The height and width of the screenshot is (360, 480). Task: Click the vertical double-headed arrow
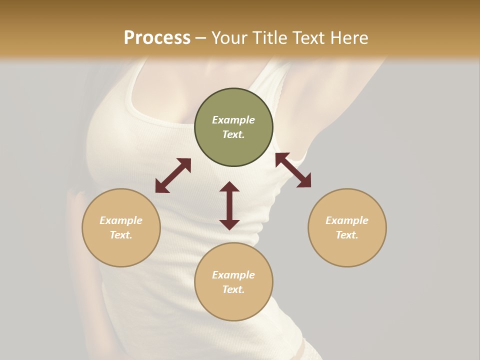[229, 205]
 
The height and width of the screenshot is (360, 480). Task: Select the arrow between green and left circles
[173, 175]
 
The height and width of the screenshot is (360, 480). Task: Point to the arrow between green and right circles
[293, 170]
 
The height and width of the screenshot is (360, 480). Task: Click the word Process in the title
[157, 38]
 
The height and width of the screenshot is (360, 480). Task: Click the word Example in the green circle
[233, 120]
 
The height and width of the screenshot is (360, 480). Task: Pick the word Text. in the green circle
[233, 134]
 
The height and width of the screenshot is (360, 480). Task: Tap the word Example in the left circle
[121, 220]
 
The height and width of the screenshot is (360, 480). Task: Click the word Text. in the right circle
[347, 235]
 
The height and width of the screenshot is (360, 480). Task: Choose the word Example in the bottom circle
[233, 275]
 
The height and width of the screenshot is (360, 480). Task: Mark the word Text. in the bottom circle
[233, 289]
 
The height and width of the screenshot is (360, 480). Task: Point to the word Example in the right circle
[347, 220]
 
